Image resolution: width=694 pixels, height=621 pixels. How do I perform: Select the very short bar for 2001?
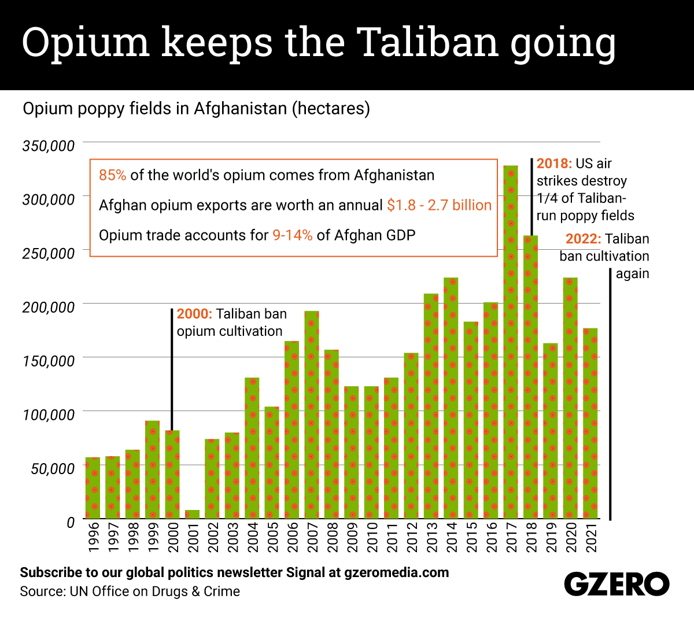192,514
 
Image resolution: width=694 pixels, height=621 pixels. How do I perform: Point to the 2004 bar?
252,448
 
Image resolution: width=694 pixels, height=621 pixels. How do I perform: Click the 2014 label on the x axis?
452,537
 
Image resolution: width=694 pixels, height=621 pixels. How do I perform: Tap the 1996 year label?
93,537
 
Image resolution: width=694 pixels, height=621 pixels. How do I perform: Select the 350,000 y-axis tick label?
49,146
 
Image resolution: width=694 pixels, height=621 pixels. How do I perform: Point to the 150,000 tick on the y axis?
49,361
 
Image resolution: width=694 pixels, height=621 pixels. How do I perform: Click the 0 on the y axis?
71,522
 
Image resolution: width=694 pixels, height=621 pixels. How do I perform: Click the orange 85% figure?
112,175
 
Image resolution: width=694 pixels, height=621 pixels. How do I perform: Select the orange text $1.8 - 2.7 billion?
439,205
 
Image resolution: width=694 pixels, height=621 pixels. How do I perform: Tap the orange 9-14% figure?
292,235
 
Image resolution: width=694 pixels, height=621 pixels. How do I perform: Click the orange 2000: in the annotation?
194,314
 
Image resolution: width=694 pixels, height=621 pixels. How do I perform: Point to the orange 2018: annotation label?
554,164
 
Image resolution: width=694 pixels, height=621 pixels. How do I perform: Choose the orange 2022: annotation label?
583,239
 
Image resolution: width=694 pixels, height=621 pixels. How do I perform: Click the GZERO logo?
617,585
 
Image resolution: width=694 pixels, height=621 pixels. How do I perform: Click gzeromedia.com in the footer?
396,572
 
